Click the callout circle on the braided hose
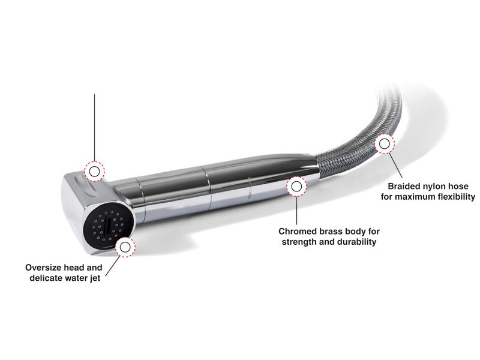point(383,144)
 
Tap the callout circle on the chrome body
point(296,187)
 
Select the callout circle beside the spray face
point(127,245)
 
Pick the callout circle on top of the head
point(94,172)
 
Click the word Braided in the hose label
point(403,185)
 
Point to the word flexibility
point(455,196)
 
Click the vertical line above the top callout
point(94,126)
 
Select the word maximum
point(416,196)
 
